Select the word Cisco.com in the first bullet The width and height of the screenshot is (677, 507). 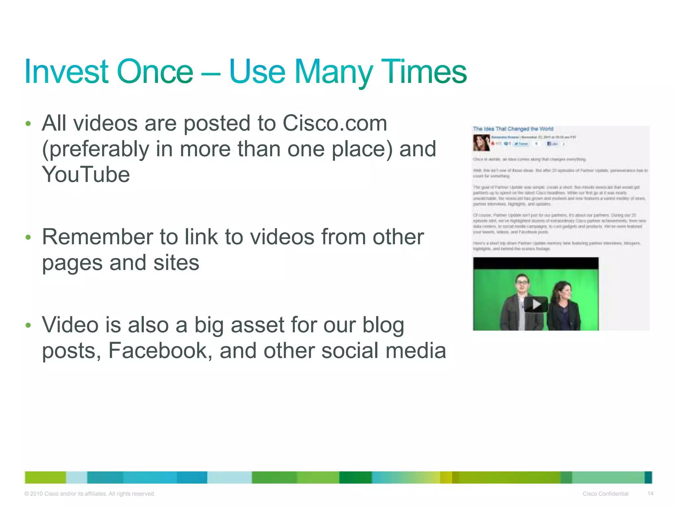[335, 123]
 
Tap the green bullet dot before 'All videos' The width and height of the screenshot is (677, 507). [28, 124]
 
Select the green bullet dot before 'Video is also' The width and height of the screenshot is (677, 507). [28, 325]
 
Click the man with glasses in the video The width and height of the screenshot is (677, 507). [520, 302]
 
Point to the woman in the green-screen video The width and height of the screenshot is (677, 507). [563, 304]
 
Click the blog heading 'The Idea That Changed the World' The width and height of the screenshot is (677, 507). [513, 129]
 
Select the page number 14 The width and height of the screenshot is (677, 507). [650, 493]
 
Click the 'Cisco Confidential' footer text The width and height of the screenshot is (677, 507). [605, 494]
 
